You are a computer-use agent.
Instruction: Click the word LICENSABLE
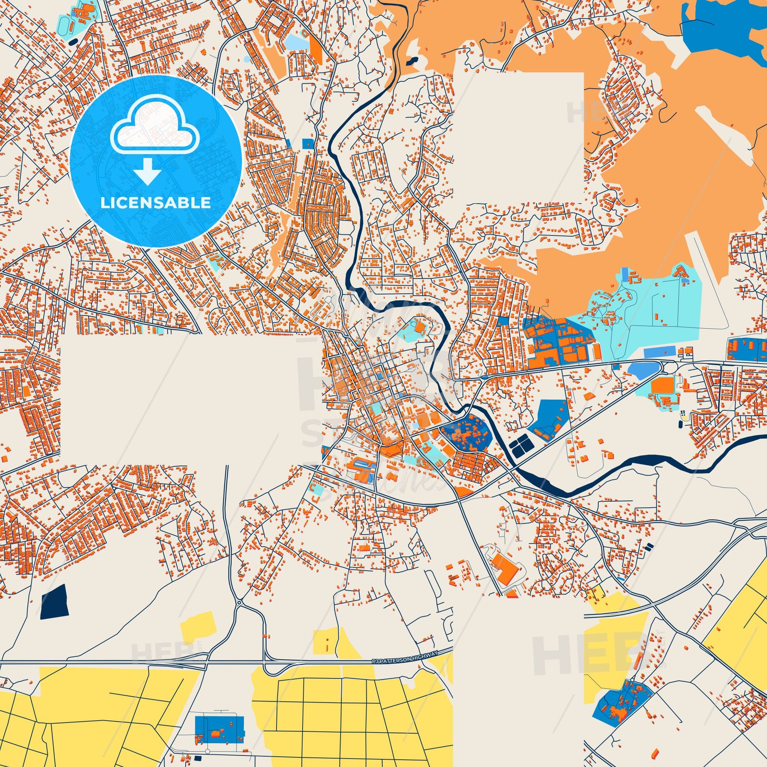coord(156,203)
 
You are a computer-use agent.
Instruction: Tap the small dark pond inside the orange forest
coord(411,61)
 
